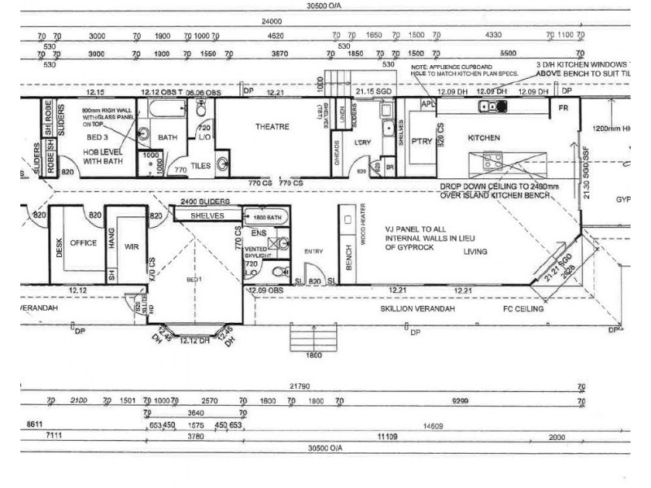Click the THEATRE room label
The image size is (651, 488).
(273, 127)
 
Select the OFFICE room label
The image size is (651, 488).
(83, 242)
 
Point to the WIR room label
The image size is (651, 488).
(132, 246)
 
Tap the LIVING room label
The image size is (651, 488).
(475, 252)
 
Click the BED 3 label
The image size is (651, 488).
(97, 138)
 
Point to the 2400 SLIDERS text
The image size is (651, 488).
(204, 202)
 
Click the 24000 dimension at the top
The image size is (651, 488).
(271, 21)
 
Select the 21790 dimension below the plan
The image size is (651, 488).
(301, 387)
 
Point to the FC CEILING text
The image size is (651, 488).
(522, 309)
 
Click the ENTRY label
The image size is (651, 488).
(313, 252)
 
